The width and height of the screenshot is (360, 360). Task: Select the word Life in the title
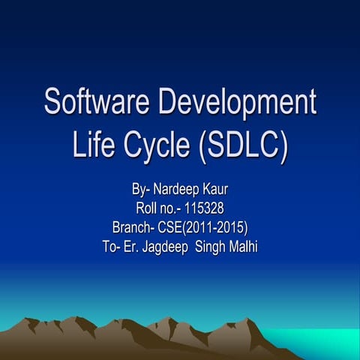click(93, 145)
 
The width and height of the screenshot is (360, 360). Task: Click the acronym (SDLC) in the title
click(243, 145)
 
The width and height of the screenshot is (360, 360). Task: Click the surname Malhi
click(244, 246)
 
